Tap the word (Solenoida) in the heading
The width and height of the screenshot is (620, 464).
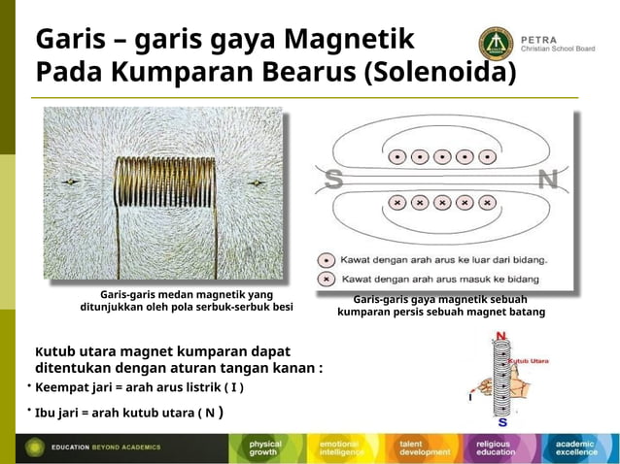439,74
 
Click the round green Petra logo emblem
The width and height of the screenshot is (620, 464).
495,44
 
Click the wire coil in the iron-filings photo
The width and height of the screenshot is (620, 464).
163,182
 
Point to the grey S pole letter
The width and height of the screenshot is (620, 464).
333,181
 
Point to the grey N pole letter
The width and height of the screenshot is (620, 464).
547,181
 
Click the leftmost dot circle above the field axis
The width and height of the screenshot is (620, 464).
396,156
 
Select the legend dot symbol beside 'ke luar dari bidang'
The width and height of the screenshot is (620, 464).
328,260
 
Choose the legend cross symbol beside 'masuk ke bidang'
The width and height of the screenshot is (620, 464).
328,279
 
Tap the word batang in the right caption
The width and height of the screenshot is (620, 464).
525,313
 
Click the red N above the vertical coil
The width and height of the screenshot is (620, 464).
500,337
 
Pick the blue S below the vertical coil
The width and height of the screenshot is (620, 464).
501,422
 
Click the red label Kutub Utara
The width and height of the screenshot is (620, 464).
530,360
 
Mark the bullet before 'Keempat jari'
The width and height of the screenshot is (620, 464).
29,386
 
